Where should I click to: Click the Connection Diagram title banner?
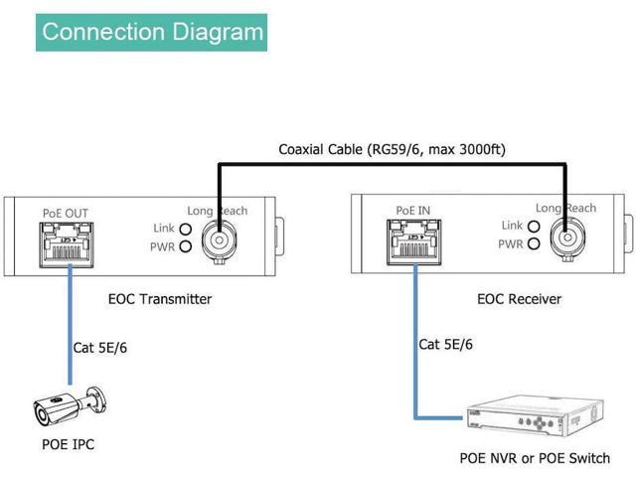pyautogui.click(x=151, y=33)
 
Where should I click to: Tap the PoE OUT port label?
pyautogui.click(x=66, y=214)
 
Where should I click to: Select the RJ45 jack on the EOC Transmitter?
pyautogui.click(x=67, y=245)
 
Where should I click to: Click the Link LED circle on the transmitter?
pyautogui.click(x=186, y=230)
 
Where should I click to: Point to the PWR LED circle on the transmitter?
pyautogui.click(x=186, y=246)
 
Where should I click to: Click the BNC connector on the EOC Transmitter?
pyautogui.click(x=219, y=241)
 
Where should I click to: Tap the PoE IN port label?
pyautogui.click(x=413, y=211)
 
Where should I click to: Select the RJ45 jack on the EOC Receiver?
pyautogui.click(x=414, y=242)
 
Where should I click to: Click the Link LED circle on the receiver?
pyautogui.click(x=534, y=227)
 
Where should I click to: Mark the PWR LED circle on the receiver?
pyautogui.click(x=534, y=243)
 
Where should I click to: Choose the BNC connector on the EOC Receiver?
pyautogui.click(x=567, y=238)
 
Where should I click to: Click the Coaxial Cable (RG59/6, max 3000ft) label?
pyautogui.click(x=392, y=150)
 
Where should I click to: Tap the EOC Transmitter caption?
pyautogui.click(x=160, y=299)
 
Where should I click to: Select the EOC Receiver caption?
pyautogui.click(x=519, y=299)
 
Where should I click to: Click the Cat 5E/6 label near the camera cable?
pyautogui.click(x=99, y=348)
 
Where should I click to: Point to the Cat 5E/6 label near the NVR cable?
pyautogui.click(x=445, y=345)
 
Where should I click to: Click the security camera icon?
pyautogui.click(x=70, y=406)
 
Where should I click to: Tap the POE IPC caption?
pyautogui.click(x=69, y=444)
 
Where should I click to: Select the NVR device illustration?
pyautogui.click(x=535, y=415)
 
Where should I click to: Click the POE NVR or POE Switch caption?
pyautogui.click(x=535, y=458)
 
